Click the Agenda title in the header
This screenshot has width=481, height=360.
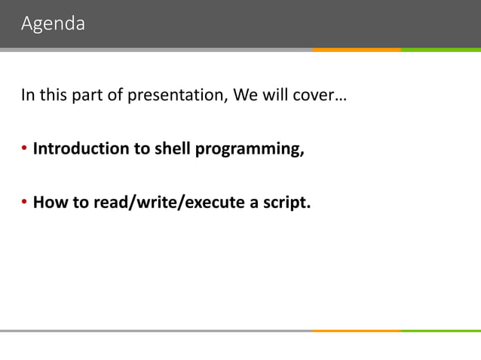[x=53, y=24]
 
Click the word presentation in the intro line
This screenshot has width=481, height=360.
[x=182, y=96]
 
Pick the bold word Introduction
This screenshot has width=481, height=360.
[x=81, y=148]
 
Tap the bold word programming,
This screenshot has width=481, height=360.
[x=250, y=149]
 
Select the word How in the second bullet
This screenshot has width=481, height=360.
[x=49, y=202]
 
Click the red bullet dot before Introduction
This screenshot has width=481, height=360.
[x=24, y=149]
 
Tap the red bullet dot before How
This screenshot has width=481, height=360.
[x=24, y=203]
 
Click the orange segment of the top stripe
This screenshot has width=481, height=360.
[x=356, y=50]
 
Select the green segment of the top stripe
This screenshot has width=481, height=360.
[x=440, y=50]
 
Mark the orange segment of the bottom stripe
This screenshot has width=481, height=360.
[x=356, y=331]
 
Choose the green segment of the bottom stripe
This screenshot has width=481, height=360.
[x=440, y=331]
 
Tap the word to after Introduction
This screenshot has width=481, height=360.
[x=142, y=148]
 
